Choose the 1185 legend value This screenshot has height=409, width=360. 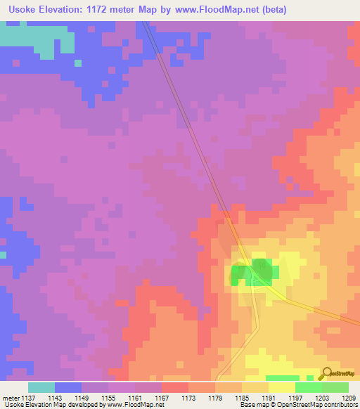click(240, 398)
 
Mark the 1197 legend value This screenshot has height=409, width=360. click(294, 398)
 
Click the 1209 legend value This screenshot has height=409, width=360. click(346, 398)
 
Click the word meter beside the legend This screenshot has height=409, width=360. click(9, 398)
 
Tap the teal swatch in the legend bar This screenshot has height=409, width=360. click(41, 387)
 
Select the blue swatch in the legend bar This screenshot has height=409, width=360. click(67, 387)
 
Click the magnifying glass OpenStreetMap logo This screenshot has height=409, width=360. click(326, 373)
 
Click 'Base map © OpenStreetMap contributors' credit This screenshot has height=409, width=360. click(298, 405)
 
